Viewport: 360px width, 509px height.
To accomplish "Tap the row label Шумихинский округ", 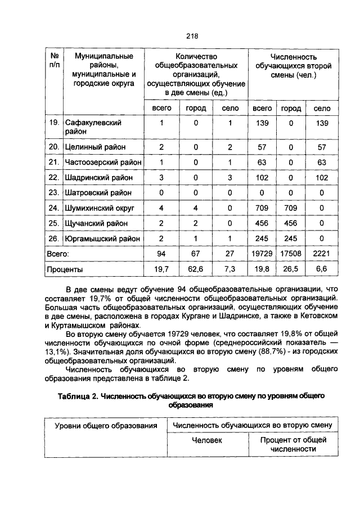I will (101, 208).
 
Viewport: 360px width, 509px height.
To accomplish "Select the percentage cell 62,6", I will (195, 269).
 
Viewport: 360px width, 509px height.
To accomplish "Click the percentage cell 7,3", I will (231, 269).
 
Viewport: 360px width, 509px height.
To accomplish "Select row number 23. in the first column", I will (54, 192).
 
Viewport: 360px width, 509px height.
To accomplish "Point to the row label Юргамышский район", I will (102, 238).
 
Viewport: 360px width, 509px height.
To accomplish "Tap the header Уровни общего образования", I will (105, 426).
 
